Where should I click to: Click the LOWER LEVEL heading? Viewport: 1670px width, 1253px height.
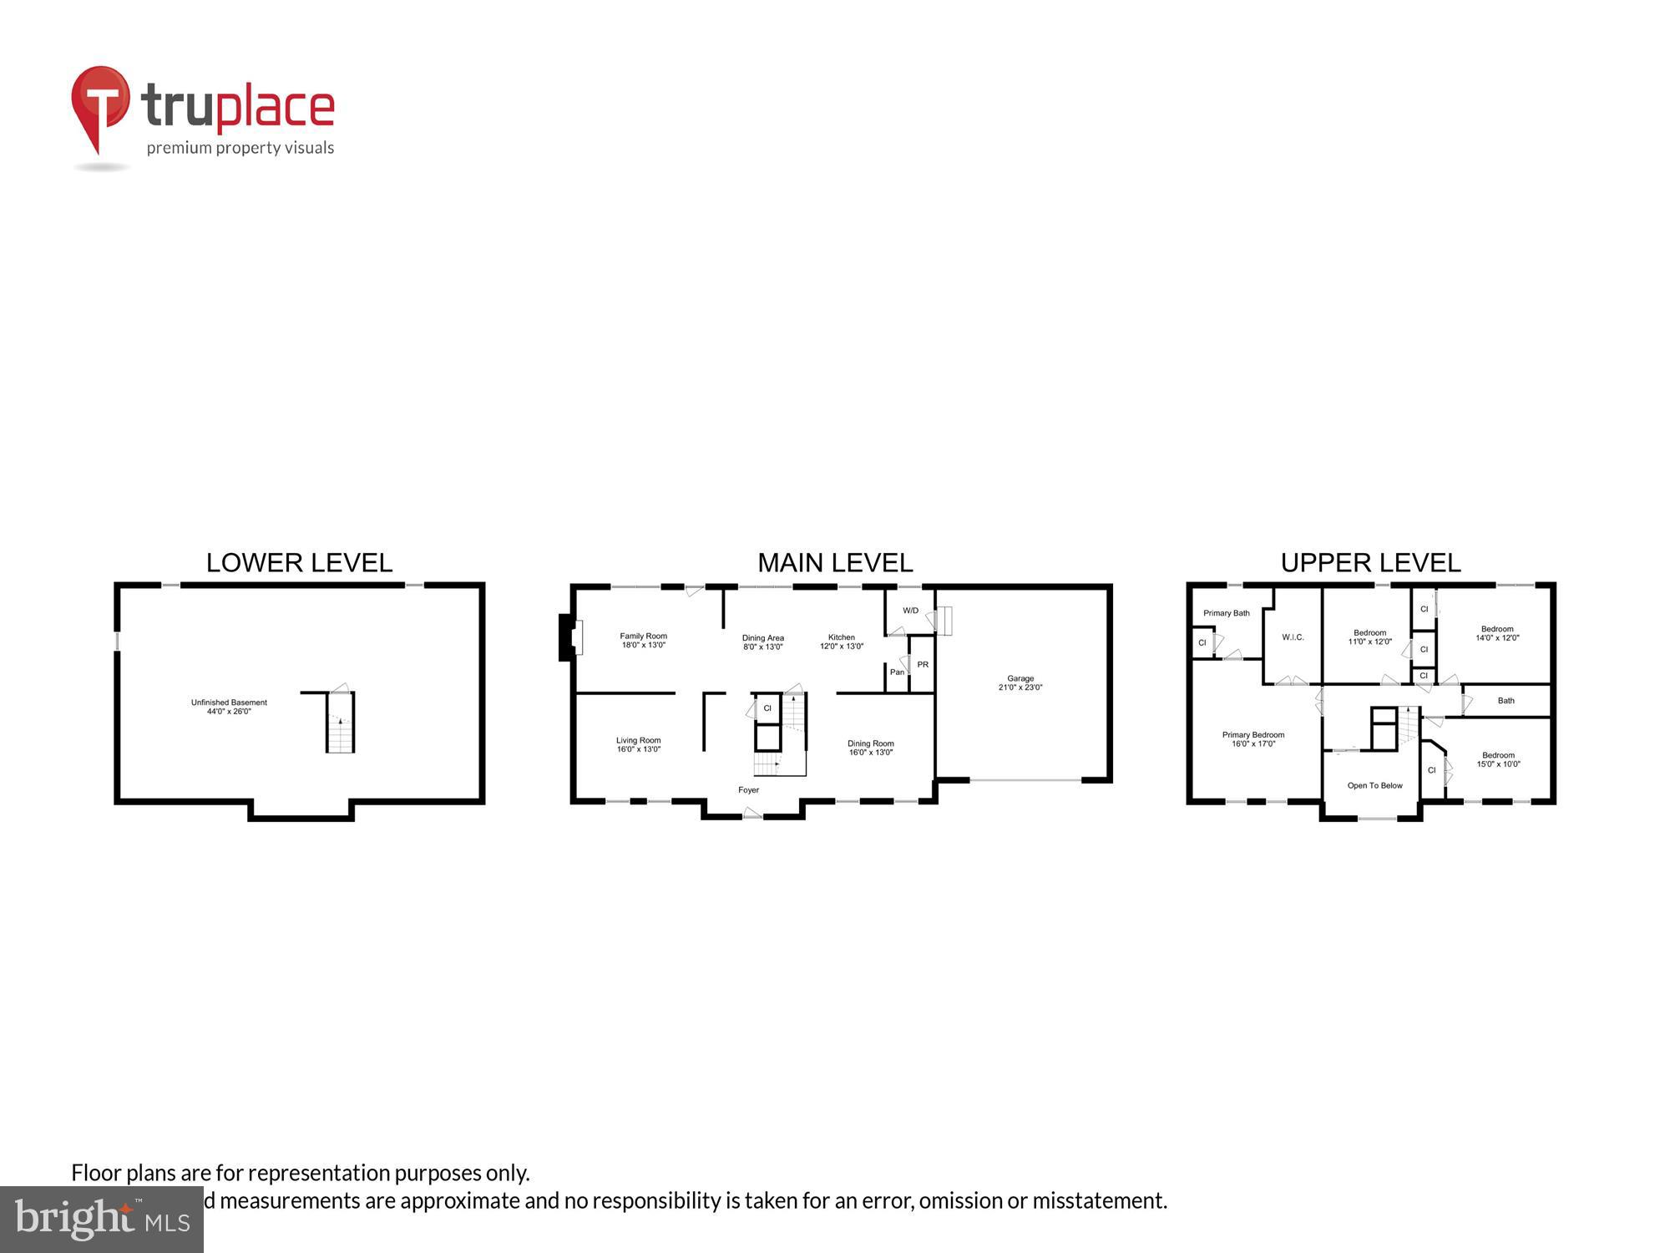click(x=299, y=563)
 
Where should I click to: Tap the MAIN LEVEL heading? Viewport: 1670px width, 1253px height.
click(x=835, y=563)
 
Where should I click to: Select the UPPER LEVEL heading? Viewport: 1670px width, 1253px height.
click(x=1370, y=563)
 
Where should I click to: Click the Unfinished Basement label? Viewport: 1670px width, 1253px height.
click(x=229, y=707)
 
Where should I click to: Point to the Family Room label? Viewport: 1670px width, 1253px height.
click(x=643, y=641)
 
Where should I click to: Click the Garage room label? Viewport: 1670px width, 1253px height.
click(x=1020, y=683)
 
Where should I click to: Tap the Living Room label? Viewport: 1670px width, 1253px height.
click(x=639, y=744)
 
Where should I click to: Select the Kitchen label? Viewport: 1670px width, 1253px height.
click(x=842, y=642)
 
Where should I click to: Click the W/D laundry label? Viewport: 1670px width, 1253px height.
click(x=910, y=611)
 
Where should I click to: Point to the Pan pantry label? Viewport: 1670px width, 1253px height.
click(x=897, y=672)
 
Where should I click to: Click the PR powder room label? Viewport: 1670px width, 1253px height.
click(x=923, y=665)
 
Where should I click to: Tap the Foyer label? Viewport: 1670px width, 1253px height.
click(x=748, y=790)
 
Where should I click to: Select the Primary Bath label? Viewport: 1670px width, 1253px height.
click(x=1227, y=613)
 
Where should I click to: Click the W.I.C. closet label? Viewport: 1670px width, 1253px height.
click(x=1293, y=637)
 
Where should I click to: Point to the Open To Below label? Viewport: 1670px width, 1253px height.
click(x=1374, y=785)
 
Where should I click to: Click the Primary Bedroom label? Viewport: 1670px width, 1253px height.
click(x=1253, y=739)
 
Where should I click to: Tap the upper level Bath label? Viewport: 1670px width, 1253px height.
click(x=1506, y=701)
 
